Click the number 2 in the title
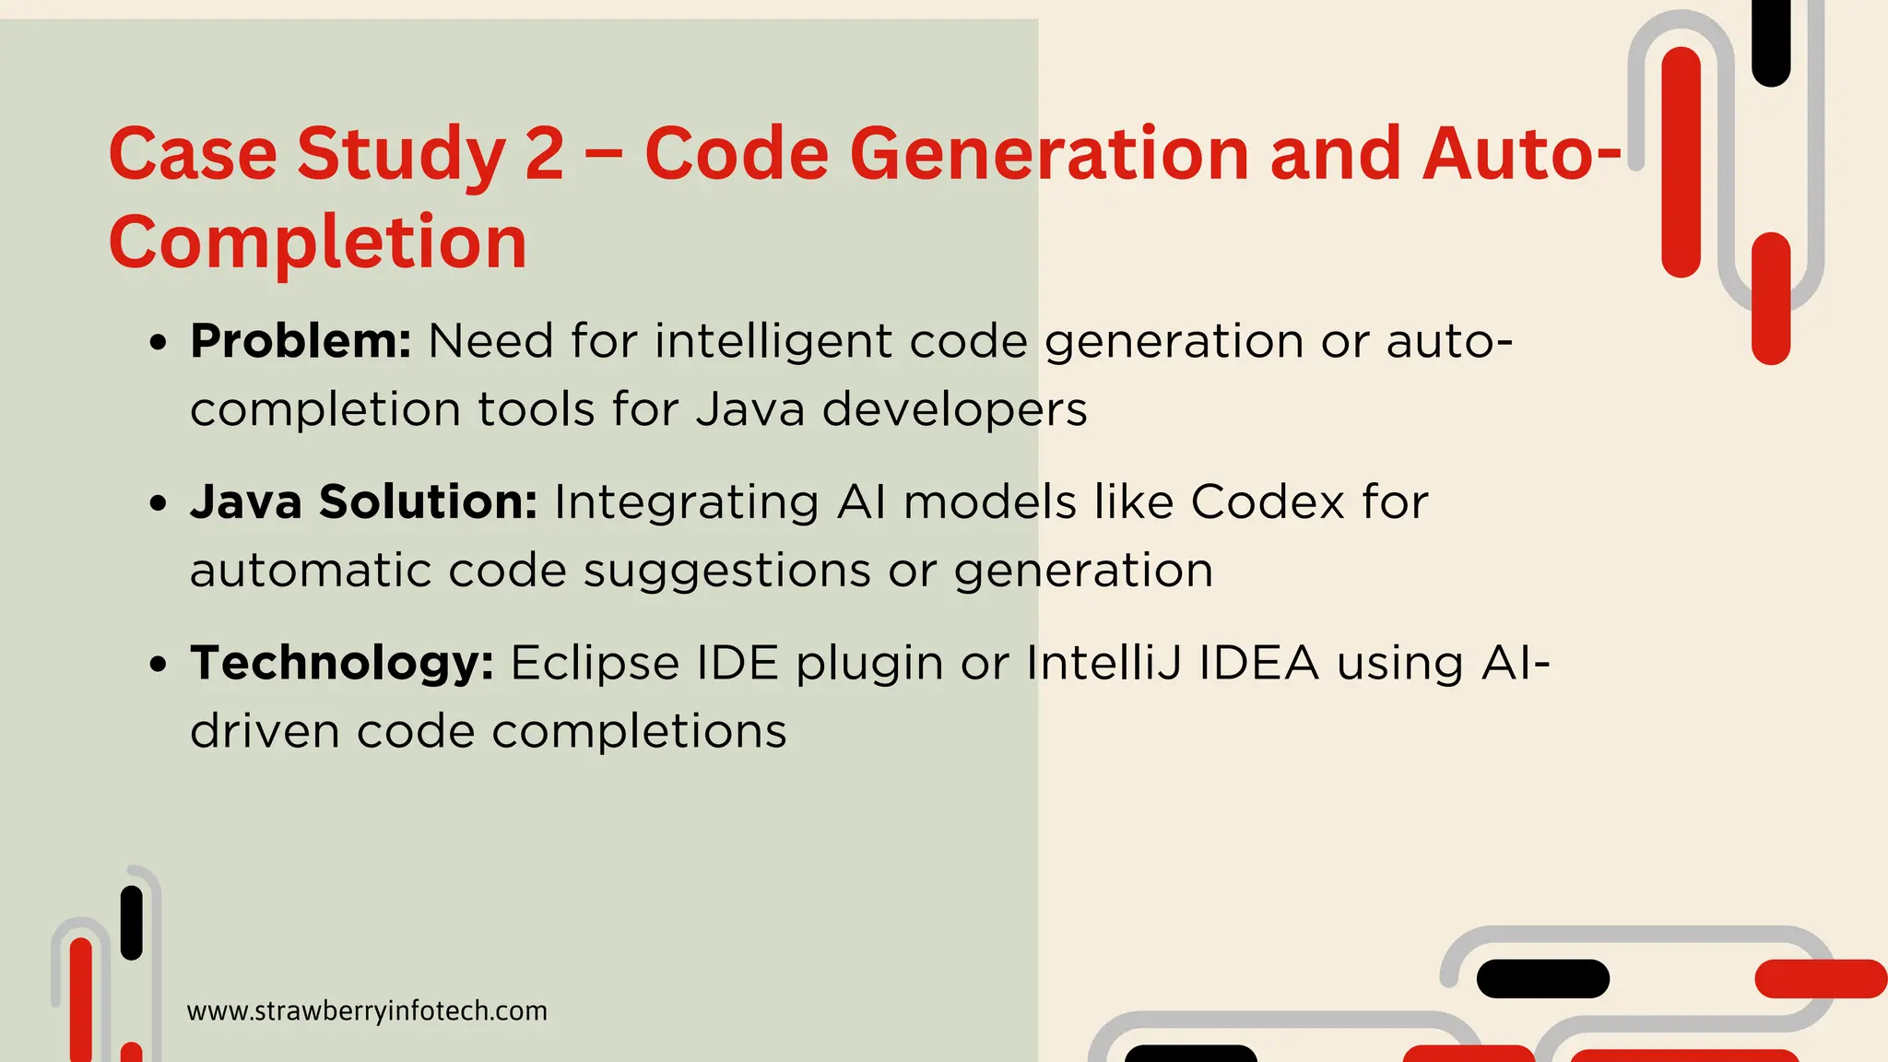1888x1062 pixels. point(544,153)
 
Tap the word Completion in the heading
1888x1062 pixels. point(318,242)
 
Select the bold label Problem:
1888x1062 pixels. point(301,341)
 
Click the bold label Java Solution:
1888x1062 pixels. point(364,502)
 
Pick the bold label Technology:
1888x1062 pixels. point(342,663)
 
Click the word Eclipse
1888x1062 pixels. point(595,663)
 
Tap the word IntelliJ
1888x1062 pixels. point(1103,663)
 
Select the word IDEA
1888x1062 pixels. point(1258,663)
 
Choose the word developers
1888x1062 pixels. point(954,409)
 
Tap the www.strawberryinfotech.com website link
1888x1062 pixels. point(367,1011)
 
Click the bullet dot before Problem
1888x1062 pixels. point(159,344)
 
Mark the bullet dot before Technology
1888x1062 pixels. point(159,665)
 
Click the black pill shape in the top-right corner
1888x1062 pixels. point(1771,41)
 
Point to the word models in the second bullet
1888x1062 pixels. point(989,502)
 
